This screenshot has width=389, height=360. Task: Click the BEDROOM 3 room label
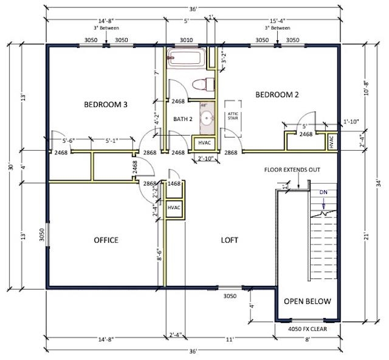105,105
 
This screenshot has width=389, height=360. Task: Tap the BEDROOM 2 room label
277,94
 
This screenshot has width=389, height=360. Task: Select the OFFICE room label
106,240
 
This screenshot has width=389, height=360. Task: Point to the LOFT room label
229,240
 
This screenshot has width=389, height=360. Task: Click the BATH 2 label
182,119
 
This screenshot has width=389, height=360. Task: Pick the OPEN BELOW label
308,301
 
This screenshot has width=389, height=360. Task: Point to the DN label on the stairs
323,192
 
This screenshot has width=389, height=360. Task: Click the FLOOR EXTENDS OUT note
292,170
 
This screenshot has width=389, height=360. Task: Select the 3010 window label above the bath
187,40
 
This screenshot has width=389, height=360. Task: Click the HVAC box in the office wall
174,208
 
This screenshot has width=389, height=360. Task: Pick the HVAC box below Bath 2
202,144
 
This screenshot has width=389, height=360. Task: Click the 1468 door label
174,183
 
